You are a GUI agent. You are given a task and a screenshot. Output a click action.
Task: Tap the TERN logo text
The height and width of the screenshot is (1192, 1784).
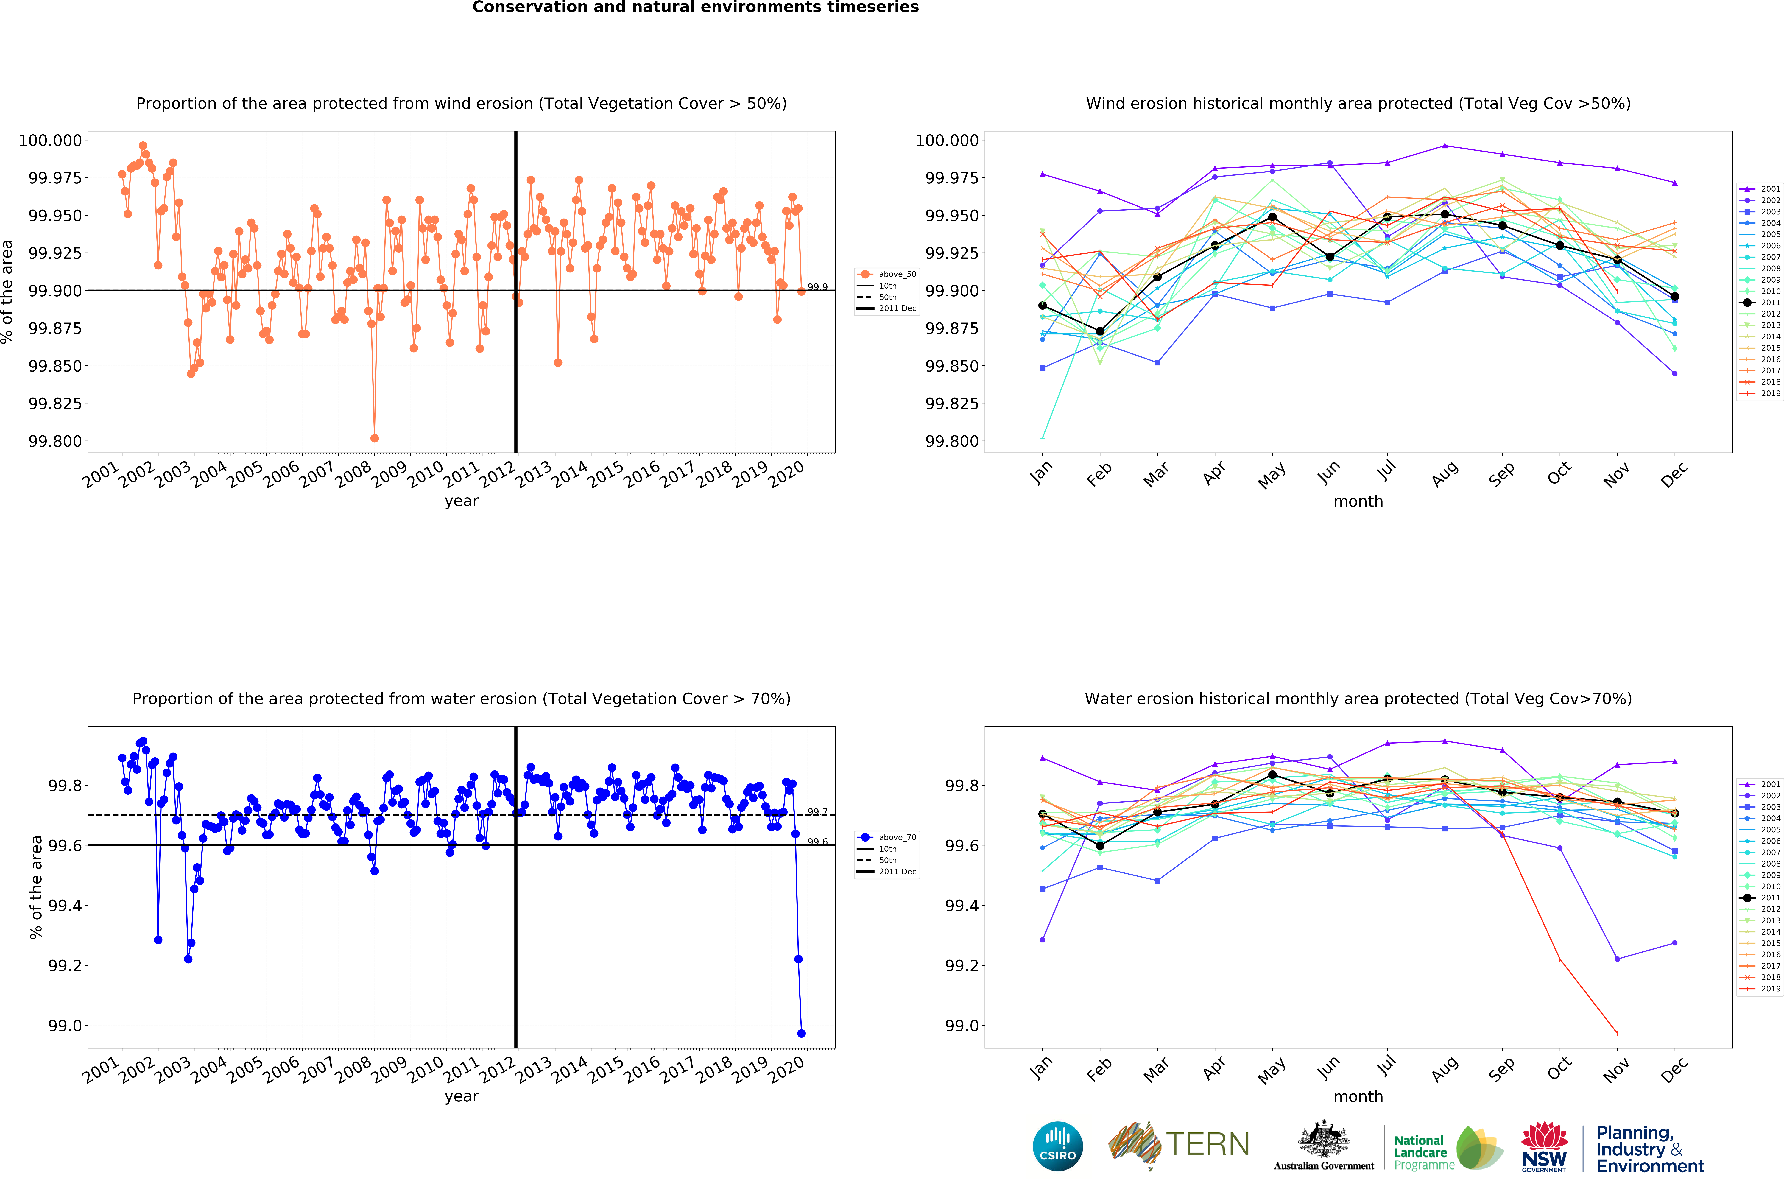pos(1207,1144)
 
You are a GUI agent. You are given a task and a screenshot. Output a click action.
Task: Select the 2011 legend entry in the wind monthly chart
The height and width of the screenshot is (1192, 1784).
pos(1760,303)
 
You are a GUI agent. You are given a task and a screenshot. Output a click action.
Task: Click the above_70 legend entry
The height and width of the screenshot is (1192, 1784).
pos(887,837)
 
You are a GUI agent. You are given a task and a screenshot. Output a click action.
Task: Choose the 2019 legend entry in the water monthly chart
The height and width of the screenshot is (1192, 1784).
pos(1760,988)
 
